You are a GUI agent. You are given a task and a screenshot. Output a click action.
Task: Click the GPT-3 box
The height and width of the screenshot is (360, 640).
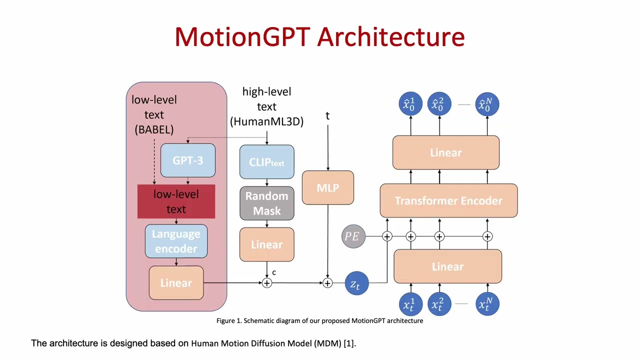point(187,160)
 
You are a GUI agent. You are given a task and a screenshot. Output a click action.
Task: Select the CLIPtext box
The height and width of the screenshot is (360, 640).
point(266,162)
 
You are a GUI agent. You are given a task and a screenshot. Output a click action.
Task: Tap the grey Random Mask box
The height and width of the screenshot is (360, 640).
point(266,203)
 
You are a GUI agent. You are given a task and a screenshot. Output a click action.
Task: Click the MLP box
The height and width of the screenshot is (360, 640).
point(327,188)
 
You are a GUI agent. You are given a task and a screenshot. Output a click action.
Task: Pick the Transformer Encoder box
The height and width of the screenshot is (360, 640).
point(448,200)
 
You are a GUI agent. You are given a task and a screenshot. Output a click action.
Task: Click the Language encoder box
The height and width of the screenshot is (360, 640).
point(176,241)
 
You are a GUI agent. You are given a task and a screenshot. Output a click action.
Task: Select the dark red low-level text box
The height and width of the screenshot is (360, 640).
point(176,201)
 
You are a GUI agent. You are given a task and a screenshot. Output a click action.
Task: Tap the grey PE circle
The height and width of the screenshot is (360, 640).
point(353,236)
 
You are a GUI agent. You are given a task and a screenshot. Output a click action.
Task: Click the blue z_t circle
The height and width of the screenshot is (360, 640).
point(356,283)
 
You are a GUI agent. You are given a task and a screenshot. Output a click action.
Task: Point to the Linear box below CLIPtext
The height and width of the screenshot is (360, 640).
point(266,244)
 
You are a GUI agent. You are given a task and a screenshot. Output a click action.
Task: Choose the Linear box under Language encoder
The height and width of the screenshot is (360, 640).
point(176,283)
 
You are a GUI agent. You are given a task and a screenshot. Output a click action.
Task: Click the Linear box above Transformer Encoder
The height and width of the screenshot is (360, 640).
point(445,152)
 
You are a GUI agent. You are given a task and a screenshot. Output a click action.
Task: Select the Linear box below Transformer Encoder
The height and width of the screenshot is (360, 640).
point(447,266)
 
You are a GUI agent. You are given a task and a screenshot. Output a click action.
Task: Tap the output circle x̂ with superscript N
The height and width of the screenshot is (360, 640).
point(486,104)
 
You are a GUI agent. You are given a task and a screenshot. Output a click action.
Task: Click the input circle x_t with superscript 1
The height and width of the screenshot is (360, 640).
point(410,304)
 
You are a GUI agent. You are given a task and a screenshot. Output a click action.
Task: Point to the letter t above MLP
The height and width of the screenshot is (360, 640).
point(327,116)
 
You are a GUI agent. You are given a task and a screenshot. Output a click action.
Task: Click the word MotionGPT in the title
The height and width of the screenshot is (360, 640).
point(242,37)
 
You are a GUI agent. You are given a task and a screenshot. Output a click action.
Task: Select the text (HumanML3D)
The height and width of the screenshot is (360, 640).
point(266,121)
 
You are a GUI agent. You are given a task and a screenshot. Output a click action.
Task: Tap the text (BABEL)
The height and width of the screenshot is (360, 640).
point(154,129)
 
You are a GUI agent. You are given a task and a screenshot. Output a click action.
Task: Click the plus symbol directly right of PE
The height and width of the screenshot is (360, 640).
point(387,236)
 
